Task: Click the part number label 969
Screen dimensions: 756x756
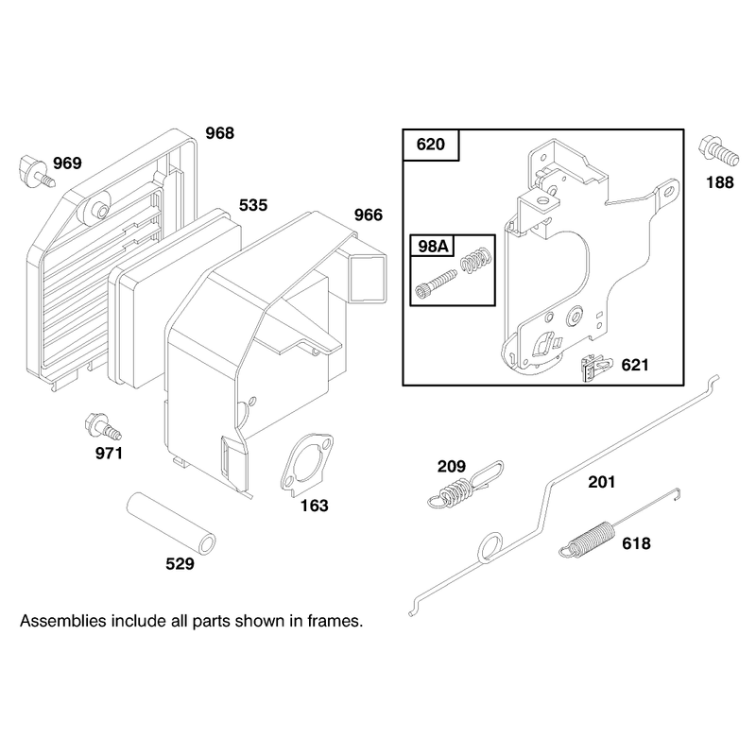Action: [x=67, y=163]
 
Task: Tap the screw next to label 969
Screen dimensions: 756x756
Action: [x=37, y=172]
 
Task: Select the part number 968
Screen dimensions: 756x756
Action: [x=220, y=133]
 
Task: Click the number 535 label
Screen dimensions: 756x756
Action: [x=253, y=205]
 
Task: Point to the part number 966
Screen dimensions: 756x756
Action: [x=369, y=215]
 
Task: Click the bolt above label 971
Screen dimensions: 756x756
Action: [x=103, y=427]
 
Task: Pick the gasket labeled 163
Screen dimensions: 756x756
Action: [x=306, y=465]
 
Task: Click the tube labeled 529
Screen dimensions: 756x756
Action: [x=171, y=524]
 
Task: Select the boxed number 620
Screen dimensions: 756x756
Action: [x=431, y=145]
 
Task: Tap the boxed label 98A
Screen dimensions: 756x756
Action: [x=433, y=247]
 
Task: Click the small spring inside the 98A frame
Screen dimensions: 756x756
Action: [x=476, y=259]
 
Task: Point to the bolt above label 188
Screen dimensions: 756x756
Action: [x=718, y=151]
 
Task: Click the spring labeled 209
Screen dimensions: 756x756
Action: [x=465, y=485]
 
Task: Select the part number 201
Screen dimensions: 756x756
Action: [x=602, y=482]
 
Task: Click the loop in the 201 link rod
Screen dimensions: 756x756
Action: [x=490, y=547]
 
